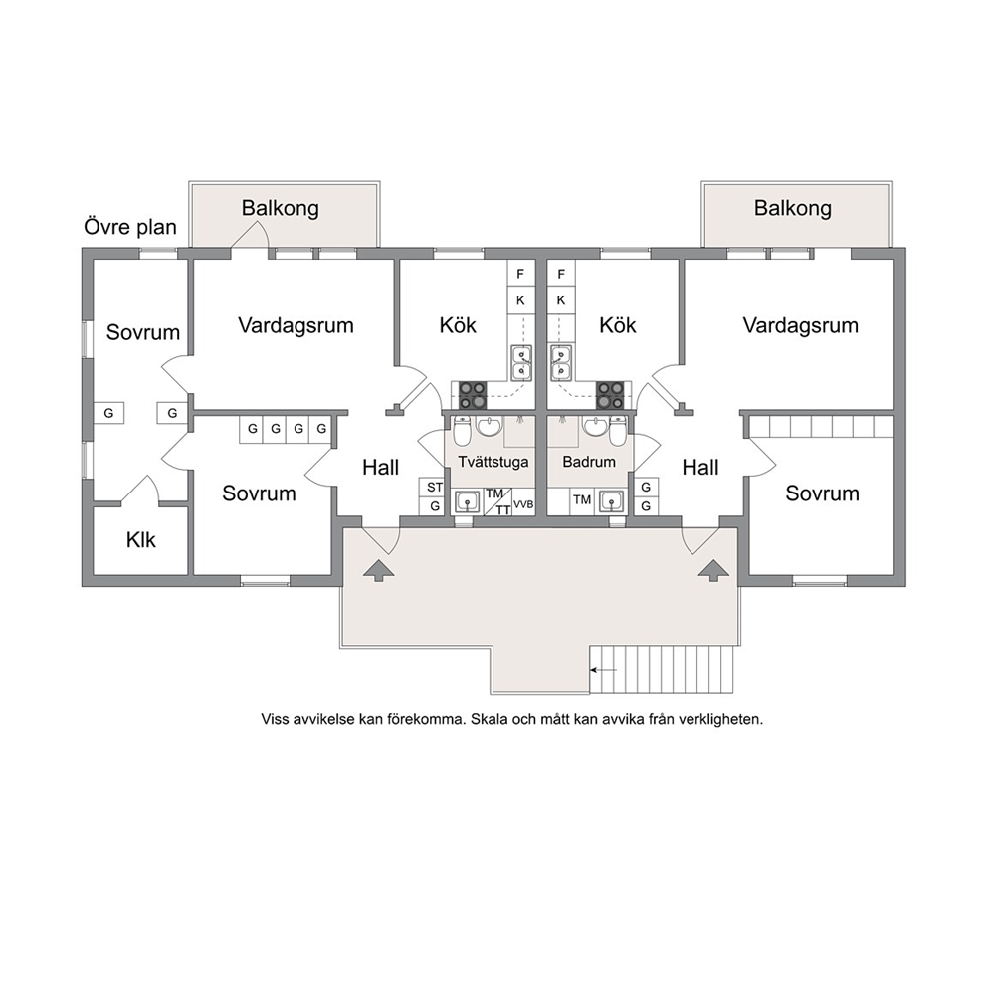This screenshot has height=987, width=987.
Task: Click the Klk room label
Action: tap(140, 540)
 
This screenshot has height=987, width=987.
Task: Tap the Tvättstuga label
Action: tap(493, 462)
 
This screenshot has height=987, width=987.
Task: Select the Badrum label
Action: tap(589, 462)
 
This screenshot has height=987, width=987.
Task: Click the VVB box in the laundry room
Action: tap(523, 504)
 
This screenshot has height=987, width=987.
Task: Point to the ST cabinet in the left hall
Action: tap(435, 488)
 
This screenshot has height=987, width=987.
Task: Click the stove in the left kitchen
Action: tap(472, 395)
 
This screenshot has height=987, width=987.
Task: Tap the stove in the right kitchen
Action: tap(609, 395)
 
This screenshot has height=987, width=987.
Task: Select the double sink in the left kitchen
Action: tap(521, 363)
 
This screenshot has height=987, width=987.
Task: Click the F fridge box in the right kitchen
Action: tap(561, 274)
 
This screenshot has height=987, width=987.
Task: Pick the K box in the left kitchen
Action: tap(520, 300)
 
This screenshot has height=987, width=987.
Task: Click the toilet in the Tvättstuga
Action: tap(462, 431)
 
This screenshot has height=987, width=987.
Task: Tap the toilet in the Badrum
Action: tap(618, 431)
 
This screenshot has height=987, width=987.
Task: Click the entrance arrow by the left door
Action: tap(379, 570)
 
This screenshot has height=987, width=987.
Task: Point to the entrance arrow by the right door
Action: tap(713, 570)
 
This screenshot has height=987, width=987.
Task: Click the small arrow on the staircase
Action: tap(604, 670)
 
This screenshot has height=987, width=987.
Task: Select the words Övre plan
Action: tap(130, 227)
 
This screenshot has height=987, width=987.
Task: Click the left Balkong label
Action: tap(281, 208)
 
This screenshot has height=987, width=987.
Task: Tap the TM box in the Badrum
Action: tap(582, 500)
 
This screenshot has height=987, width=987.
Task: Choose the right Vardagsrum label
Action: tap(800, 326)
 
